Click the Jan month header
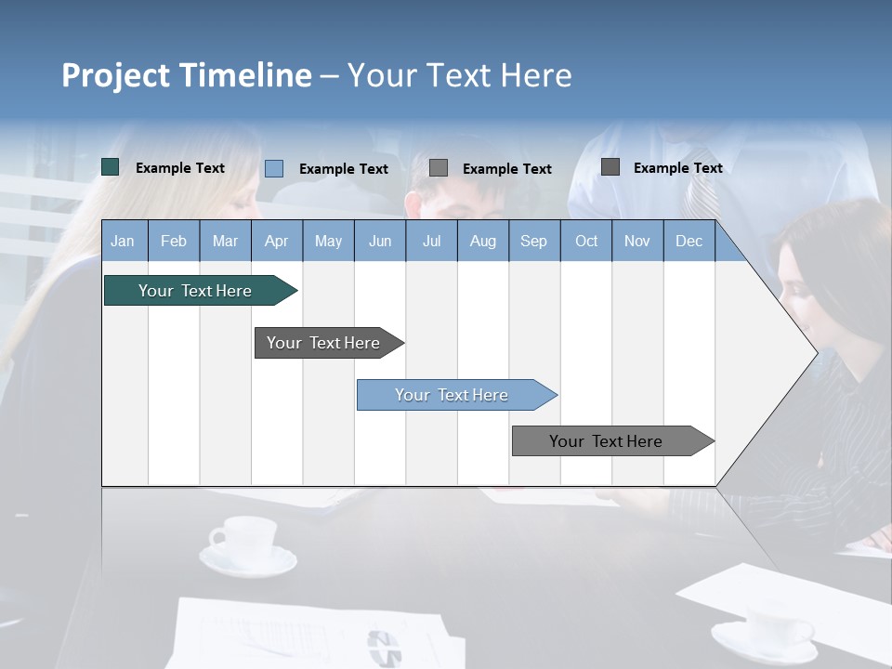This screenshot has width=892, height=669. point(123,241)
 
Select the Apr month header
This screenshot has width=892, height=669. point(276,241)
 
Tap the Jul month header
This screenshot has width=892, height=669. point(431,241)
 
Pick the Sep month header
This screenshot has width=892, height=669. point(533,241)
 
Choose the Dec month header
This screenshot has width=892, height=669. point(689,241)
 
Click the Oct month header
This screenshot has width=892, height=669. point(586,241)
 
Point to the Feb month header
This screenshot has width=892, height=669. point(174,241)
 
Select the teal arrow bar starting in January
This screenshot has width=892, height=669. point(195,291)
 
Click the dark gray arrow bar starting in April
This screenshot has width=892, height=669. point(323,343)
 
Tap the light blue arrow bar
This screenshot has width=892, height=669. point(452,395)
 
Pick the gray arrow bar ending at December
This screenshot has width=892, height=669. point(606,441)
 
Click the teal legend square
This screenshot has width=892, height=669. point(111,167)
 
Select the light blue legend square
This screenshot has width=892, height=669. point(274,168)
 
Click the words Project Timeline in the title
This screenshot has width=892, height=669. point(186,75)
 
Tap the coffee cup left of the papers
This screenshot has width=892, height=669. point(243,541)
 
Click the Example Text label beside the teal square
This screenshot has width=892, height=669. point(180,168)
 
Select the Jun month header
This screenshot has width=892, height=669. point(380,241)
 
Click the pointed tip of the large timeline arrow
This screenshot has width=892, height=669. point(815,352)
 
